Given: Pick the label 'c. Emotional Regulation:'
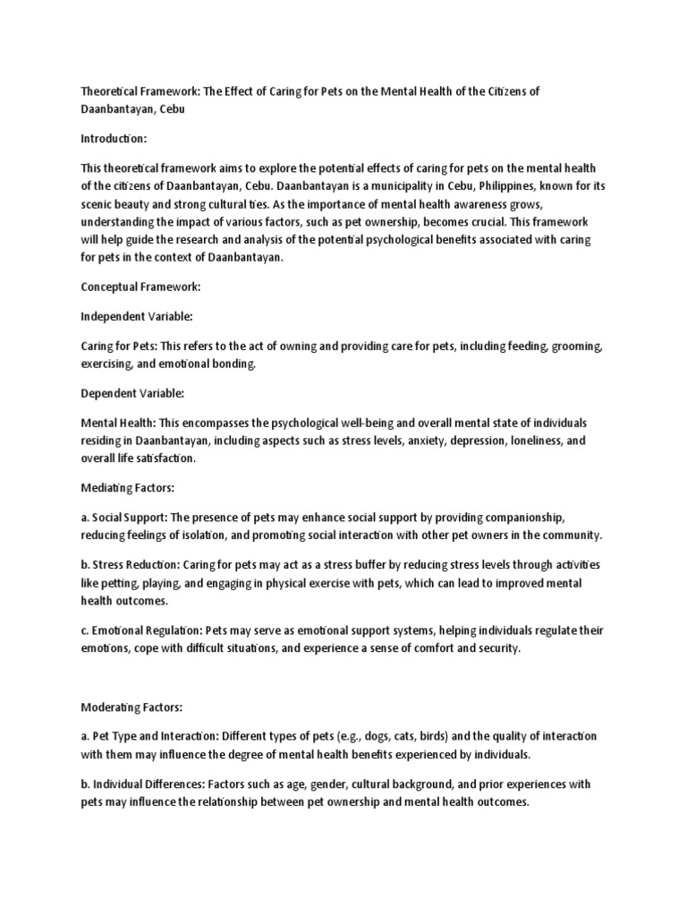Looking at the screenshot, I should (x=140, y=630).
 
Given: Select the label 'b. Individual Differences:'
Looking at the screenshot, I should (x=145, y=784).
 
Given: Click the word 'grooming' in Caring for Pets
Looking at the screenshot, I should (x=574, y=345).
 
